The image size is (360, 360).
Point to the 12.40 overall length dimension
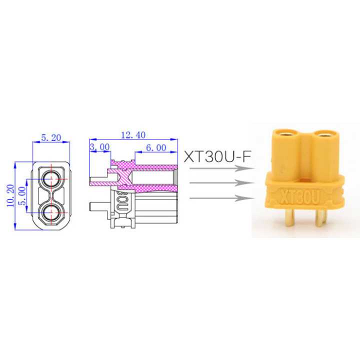tap(133, 134)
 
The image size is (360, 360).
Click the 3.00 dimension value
tap(99, 146)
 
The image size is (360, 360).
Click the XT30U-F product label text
tap(218, 156)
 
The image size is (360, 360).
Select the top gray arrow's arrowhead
tap(243, 169)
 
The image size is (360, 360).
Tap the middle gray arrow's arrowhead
tap(243, 184)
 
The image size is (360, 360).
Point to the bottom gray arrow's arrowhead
tap(243, 199)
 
